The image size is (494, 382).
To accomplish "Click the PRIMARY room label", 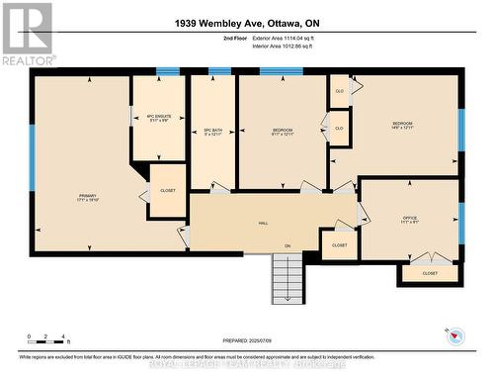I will [87, 198].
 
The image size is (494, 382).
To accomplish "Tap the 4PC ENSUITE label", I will [158, 118].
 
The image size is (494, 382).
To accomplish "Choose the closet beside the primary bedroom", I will [168, 191].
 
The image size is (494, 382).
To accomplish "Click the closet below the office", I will [430, 273].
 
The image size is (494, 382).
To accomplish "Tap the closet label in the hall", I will [339, 244].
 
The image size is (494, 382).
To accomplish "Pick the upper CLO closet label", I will [340, 92].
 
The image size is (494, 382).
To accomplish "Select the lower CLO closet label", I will [340, 129].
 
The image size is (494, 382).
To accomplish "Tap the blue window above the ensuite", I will [168, 71].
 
